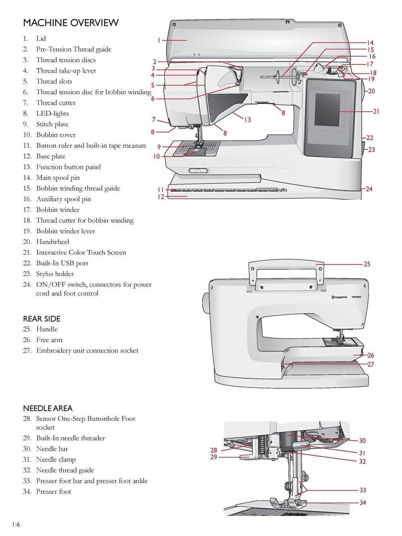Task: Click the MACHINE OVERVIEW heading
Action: pyautogui.click(x=71, y=23)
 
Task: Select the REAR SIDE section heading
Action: pyautogui.click(x=42, y=318)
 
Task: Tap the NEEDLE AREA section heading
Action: pyautogui.click(x=48, y=408)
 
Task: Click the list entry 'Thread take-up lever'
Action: pyautogui.click(x=66, y=71)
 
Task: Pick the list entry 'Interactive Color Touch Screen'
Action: pyautogui.click(x=81, y=252)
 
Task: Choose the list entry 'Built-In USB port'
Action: pyautogui.click(x=62, y=263)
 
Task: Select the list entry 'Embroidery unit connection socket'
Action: pyautogui.click(x=87, y=350)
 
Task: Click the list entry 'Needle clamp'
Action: pyautogui.click(x=56, y=459)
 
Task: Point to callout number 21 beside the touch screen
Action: pyautogui.click(x=376, y=112)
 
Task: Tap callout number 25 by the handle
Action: pyautogui.click(x=367, y=264)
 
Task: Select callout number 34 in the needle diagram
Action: pyautogui.click(x=362, y=503)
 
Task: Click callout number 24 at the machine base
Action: pyautogui.click(x=369, y=189)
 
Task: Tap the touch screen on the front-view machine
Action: pyautogui.click(x=329, y=106)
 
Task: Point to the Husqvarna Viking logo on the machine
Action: pyautogui.click(x=345, y=297)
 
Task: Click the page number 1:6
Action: pyautogui.click(x=16, y=524)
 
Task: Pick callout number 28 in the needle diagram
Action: pyautogui.click(x=214, y=450)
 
